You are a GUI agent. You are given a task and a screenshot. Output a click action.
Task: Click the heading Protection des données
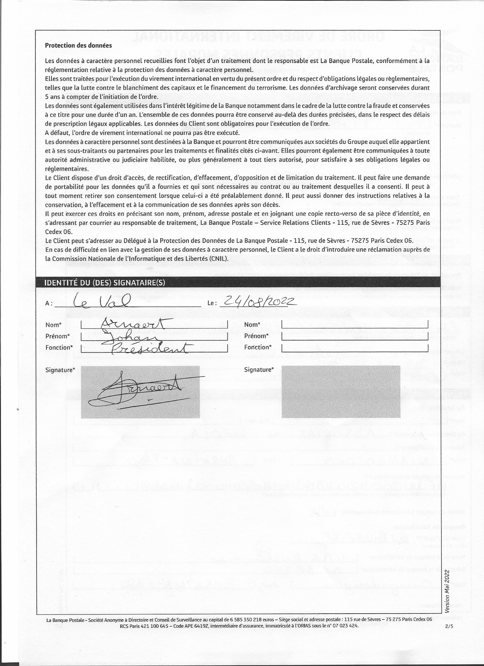tap(78, 46)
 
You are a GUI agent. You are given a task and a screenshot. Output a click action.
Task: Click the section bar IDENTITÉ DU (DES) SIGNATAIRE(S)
tap(104, 283)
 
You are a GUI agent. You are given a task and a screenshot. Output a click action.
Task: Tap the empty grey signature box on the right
tap(341, 391)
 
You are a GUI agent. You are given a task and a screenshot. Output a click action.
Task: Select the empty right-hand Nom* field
tap(354, 324)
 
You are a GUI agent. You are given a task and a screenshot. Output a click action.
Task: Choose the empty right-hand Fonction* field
tap(354, 348)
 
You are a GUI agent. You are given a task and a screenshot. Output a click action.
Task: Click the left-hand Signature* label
tap(60, 370)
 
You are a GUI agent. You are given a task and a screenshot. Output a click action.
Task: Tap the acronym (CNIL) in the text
tap(219, 259)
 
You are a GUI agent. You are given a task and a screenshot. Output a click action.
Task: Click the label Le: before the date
tap(212, 303)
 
